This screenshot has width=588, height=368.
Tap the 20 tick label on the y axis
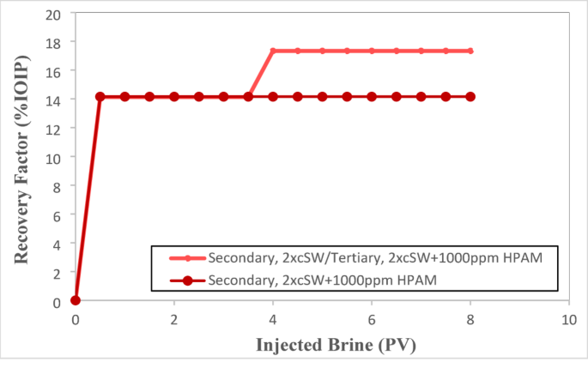coord(55,15)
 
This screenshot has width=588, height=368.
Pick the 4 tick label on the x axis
coord(272,318)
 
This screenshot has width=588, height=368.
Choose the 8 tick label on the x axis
coord(470,318)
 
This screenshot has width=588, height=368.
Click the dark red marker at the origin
coord(76,300)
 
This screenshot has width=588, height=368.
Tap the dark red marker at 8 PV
coord(470,96)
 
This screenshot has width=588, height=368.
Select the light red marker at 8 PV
coord(470,51)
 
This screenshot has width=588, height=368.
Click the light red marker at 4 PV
coord(273,51)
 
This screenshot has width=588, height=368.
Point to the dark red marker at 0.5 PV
coord(100,96)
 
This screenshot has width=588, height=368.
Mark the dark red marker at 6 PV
coord(371,96)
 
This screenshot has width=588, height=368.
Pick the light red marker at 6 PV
coord(371,51)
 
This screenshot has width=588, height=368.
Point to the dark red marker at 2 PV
coord(174,96)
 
